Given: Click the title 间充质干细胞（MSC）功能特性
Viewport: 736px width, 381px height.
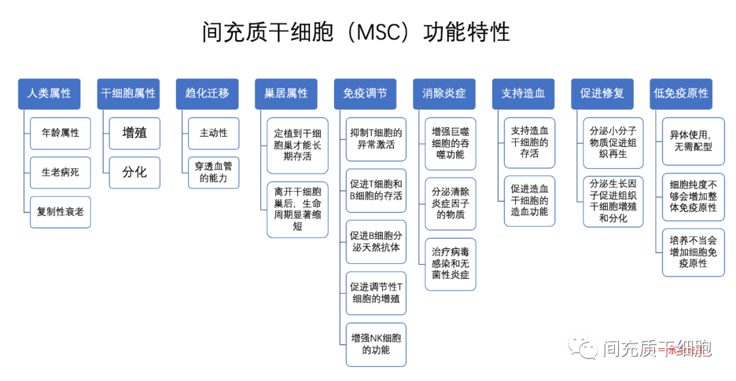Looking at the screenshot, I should pos(356,32).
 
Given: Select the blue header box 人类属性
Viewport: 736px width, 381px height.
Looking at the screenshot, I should pos(49,93).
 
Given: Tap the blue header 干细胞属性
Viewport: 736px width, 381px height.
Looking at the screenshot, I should pos(128,93).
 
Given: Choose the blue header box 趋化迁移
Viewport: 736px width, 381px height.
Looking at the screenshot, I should pos(207,93).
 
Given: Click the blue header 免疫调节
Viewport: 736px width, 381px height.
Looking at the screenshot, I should pos(365,93).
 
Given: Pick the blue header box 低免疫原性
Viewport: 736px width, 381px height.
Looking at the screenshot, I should pos(681,93).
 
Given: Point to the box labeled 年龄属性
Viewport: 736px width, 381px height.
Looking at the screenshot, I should pos(60,133).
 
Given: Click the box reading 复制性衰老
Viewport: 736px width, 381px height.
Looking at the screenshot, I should pos(60,212).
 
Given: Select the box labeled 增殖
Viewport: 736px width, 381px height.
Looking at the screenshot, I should pos(135,133).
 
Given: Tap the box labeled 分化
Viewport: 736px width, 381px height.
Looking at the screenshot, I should pos(135,172).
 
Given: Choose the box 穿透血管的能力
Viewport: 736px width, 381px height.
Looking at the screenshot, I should pos(214,172).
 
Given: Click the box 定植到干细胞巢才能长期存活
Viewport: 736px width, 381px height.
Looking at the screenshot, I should pos(298,146).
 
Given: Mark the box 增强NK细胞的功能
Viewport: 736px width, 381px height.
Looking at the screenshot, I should pos(376,344).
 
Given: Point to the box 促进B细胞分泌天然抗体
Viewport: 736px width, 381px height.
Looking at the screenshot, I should pos(376,242).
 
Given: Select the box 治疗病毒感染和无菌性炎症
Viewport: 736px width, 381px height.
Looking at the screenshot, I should pos(450,264).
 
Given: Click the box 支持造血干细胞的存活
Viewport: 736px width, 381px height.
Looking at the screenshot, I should pos(530,142).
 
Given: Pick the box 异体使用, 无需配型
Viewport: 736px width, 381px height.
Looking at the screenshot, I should pos(690,140).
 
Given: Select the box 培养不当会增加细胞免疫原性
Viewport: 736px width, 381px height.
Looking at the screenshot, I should pos(690,252).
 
